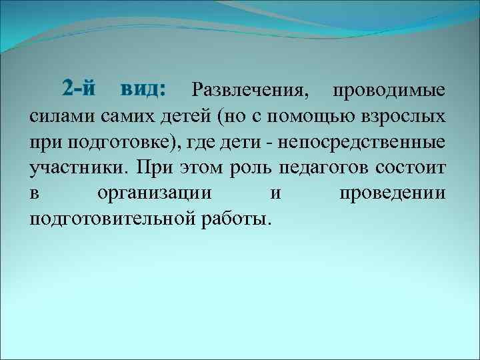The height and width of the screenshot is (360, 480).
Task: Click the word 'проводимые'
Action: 390,90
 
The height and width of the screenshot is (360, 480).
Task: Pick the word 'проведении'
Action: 393,194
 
